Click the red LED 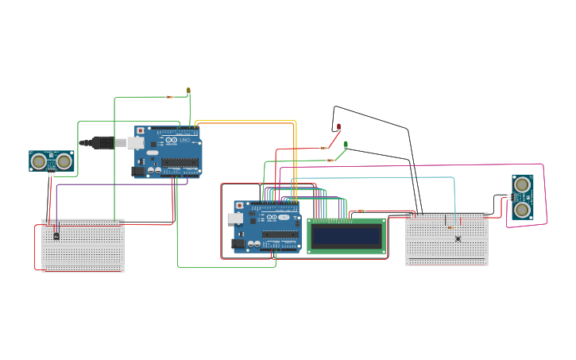click(338, 127)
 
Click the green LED click(345, 145)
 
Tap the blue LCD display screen click(346, 236)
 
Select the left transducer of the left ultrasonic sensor click(38, 161)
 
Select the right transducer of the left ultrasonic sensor click(64, 161)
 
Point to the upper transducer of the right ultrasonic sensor click(522, 184)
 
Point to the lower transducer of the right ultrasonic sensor click(522, 209)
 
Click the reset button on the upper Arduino click(141, 130)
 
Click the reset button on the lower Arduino click(239, 205)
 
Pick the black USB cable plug click(102, 143)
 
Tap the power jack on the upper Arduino click(137, 171)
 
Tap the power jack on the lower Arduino click(238, 244)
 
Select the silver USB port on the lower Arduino click(235, 218)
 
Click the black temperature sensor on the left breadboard click(56, 235)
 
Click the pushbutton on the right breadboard click(458, 238)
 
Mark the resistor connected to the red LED click(323, 148)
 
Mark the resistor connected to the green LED click(331, 161)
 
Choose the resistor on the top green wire click(169, 97)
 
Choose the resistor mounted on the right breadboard click(450, 227)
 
